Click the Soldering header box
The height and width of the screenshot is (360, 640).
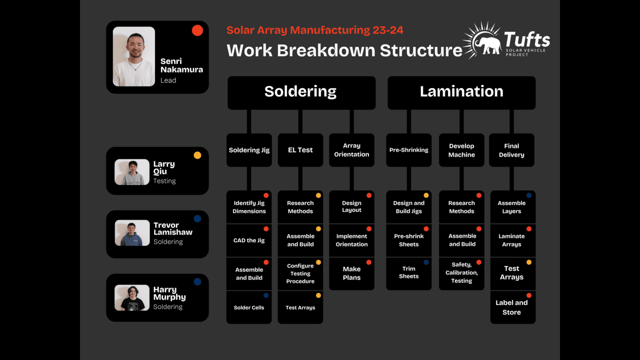(x=301, y=92)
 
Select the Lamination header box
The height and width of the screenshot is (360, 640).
(x=461, y=92)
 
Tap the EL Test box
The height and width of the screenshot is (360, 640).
(x=300, y=150)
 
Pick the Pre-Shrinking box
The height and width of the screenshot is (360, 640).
(x=408, y=150)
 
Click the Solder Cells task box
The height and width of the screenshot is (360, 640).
(x=249, y=307)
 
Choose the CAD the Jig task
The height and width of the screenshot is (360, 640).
(x=249, y=240)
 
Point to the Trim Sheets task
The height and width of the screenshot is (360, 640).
(x=408, y=272)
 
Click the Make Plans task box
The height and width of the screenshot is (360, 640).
(x=351, y=273)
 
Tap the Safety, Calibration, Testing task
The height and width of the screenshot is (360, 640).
(x=461, y=273)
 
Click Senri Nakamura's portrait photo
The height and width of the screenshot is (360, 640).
(x=133, y=56)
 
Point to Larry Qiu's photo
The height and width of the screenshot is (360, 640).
(x=132, y=172)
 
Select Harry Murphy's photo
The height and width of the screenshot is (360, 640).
(x=132, y=298)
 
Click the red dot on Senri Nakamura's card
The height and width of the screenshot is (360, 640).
(x=197, y=30)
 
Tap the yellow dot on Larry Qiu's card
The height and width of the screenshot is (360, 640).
(x=197, y=155)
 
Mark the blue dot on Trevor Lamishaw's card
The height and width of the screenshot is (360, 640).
(x=197, y=218)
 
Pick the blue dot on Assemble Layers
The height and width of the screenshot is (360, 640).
(x=529, y=195)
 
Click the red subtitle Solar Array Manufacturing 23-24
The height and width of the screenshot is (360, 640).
(x=314, y=30)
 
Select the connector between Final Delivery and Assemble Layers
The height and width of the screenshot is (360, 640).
(x=511, y=178)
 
